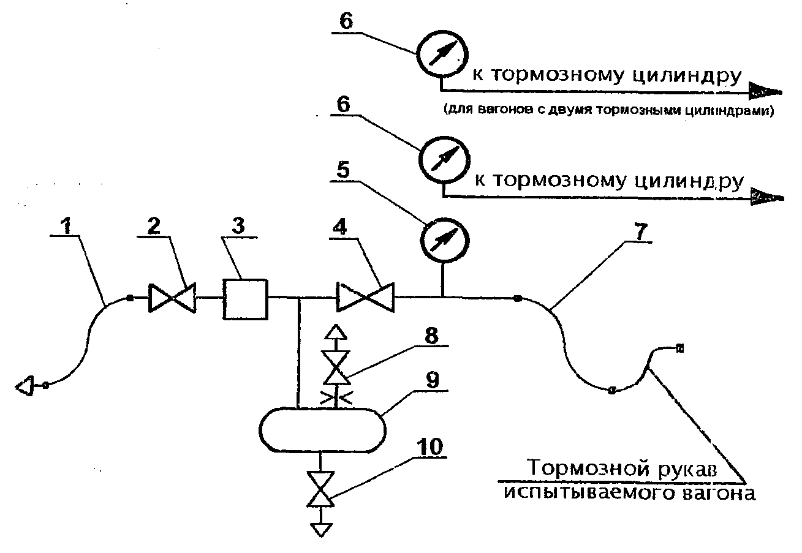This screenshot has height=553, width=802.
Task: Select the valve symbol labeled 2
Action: (x=171, y=298)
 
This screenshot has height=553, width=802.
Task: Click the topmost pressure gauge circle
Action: (x=440, y=53)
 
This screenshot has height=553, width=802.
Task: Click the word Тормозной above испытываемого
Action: (x=573, y=469)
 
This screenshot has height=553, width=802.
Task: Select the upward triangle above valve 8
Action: (x=336, y=333)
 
